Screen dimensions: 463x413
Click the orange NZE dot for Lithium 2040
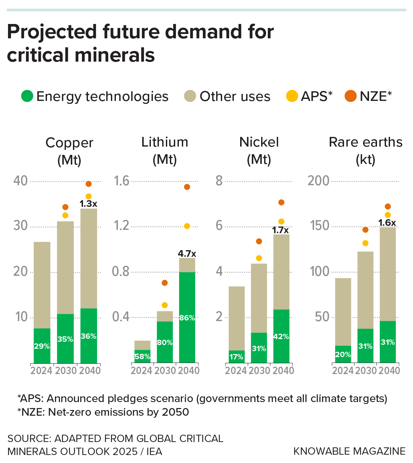tap(187, 187)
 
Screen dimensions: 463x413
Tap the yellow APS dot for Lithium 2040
tap(187, 226)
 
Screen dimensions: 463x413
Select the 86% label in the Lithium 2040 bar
tap(187, 318)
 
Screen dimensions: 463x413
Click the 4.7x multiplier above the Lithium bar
tap(187, 254)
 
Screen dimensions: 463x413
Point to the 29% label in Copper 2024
tap(42, 346)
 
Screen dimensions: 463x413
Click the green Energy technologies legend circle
tap(27, 96)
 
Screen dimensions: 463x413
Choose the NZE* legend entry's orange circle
tap(351, 96)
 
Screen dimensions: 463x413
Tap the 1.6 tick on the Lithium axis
tap(122, 181)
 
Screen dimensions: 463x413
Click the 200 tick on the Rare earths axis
tap(318, 181)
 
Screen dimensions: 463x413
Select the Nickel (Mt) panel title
tap(259, 151)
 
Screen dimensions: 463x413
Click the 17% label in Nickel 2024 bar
tap(236, 357)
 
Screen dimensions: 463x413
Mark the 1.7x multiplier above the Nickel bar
tap(280, 230)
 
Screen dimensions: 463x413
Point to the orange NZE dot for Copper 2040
tap(89, 184)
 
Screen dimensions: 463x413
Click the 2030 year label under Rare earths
tap(366, 370)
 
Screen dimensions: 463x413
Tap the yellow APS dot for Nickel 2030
tap(259, 258)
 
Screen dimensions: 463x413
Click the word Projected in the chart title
tap(52, 32)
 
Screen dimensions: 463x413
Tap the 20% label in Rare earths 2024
tap(343, 354)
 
